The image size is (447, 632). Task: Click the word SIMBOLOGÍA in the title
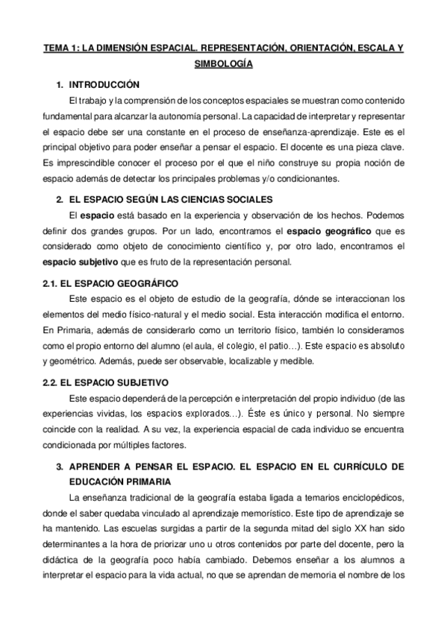point(223,65)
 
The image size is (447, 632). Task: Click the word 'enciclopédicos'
point(369,497)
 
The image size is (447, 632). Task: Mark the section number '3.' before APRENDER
point(60,466)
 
